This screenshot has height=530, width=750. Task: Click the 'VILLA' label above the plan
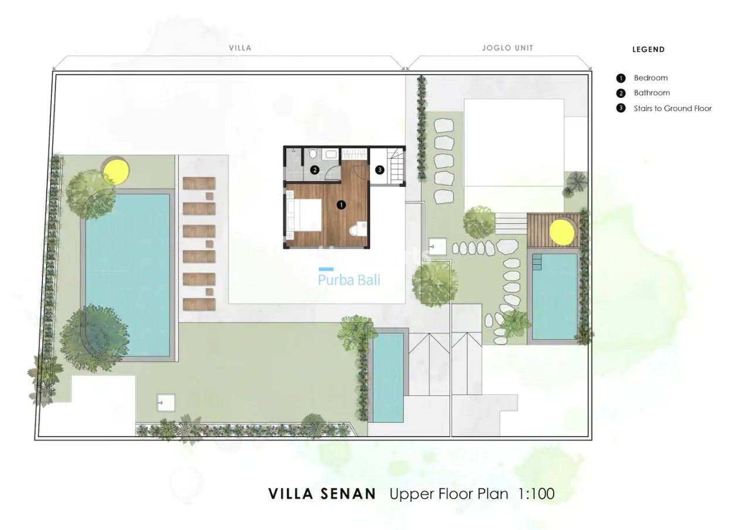(x=240, y=48)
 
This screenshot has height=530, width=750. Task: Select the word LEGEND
(x=648, y=50)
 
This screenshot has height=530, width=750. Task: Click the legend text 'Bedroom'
(x=650, y=78)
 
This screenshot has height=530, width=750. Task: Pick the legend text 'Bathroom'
(x=652, y=93)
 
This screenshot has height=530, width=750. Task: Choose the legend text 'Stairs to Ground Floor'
(x=673, y=108)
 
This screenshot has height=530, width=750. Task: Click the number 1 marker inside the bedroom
(x=341, y=205)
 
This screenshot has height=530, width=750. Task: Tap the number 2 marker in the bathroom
(x=315, y=170)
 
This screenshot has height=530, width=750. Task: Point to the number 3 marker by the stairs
(x=379, y=170)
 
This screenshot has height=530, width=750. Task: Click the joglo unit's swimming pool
(x=554, y=296)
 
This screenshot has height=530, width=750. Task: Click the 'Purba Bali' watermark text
(x=349, y=280)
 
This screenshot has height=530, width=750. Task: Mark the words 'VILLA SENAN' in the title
(x=322, y=494)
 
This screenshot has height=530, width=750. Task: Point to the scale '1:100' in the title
(x=536, y=494)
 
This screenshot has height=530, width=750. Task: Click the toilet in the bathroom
(x=314, y=154)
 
